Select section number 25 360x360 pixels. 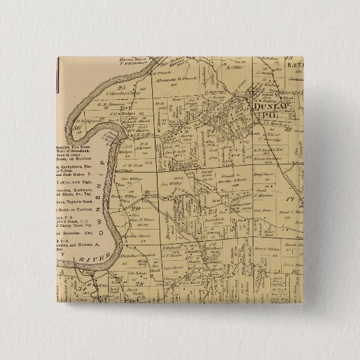(123, 87)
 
